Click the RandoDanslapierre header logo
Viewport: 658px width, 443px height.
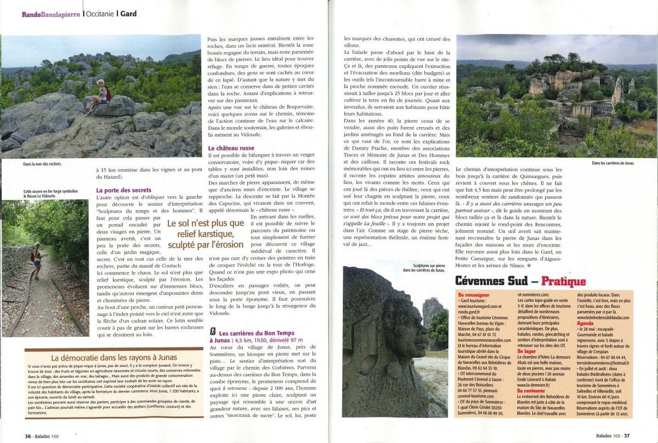point(50,14)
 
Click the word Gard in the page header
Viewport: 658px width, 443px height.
point(128,14)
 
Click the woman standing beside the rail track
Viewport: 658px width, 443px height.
point(36,261)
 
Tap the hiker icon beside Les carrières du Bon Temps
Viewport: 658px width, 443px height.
point(212,332)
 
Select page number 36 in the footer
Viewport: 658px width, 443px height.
point(27,436)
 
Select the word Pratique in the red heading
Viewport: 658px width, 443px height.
point(564,281)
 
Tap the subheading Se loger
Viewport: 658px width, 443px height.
point(527,350)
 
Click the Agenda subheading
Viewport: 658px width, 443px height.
point(586,323)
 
